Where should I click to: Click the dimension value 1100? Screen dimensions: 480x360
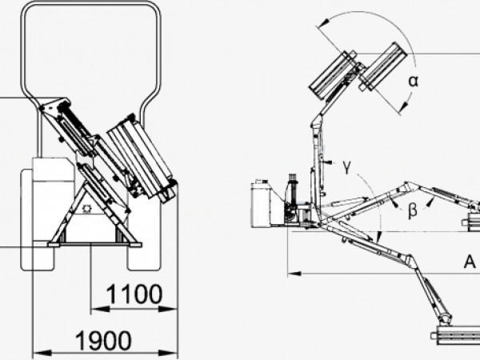134,294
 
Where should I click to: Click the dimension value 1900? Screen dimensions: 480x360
103,341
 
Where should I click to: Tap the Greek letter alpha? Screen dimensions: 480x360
414,82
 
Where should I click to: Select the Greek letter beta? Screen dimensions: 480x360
413,210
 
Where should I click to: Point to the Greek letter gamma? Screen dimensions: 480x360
346,167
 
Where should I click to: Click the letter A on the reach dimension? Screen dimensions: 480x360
470,262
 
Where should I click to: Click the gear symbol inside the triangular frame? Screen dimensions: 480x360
87,209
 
